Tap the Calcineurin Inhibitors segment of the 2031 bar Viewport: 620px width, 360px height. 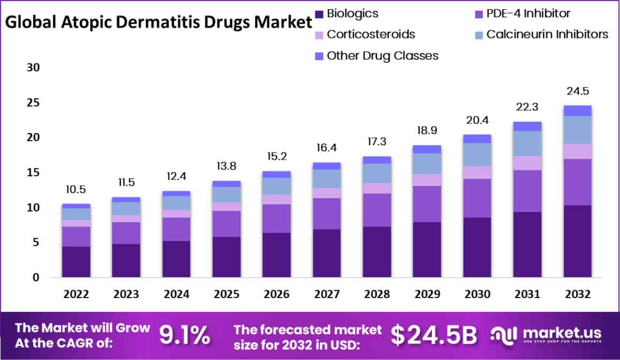527,143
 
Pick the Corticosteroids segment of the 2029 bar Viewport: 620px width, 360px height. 427,179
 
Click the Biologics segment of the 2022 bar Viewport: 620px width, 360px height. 76,261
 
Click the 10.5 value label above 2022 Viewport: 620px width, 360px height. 76,189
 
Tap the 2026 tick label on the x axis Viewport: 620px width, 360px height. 276,294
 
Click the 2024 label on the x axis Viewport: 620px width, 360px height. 176,294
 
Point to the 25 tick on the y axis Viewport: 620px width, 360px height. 34,103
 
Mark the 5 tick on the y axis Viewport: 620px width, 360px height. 36,242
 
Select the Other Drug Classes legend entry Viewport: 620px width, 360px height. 382,55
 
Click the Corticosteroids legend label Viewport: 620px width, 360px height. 371,34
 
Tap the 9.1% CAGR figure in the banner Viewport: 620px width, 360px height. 185,335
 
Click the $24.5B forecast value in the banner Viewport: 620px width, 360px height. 433,335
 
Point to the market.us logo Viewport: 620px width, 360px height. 547,335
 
